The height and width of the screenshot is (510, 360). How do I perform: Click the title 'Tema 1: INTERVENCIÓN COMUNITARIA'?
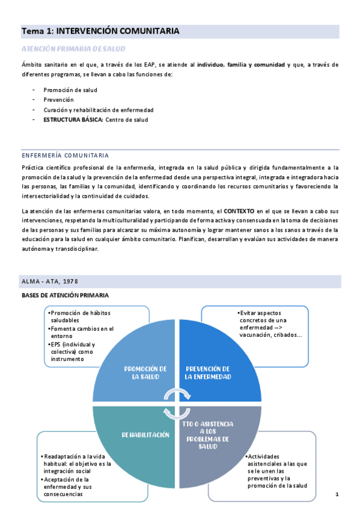tap(100, 31)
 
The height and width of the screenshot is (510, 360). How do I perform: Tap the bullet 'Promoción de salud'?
tap(70, 90)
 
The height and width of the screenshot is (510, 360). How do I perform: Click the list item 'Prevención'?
tap(58, 100)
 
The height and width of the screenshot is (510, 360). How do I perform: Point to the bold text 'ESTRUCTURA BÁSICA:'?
tap(73, 120)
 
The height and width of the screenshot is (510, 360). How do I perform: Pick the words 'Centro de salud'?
tap(127, 120)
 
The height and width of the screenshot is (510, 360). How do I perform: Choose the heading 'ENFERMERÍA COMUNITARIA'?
tap(65, 155)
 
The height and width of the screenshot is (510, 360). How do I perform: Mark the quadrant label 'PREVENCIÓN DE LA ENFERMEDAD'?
tap(208, 372)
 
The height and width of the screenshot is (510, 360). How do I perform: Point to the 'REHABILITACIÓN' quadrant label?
tap(145, 434)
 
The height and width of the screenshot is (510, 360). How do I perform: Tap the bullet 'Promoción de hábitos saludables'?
tap(81, 316)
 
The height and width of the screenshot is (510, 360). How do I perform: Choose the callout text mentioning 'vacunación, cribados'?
tap(270, 324)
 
